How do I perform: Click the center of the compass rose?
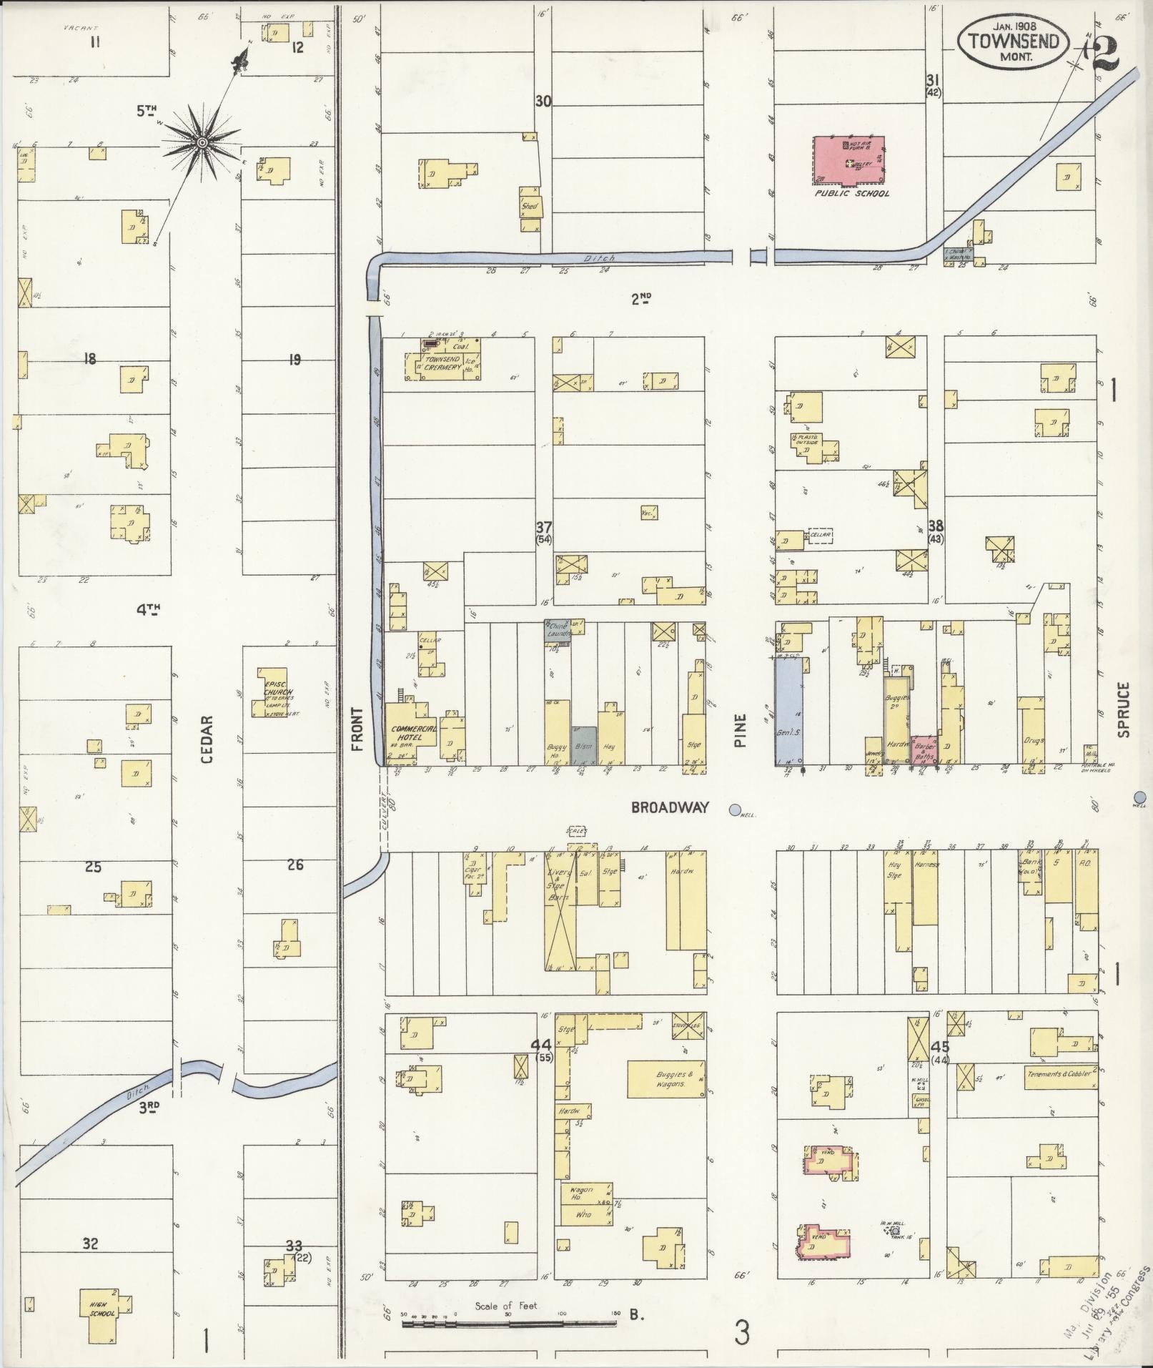(202, 143)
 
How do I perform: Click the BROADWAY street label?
(670, 807)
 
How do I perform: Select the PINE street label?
(740, 731)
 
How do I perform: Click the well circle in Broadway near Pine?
(734, 810)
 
